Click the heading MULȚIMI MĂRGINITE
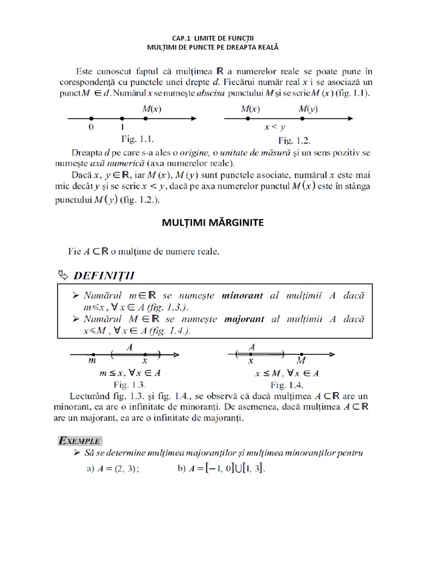point(213,222)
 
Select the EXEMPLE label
point(80,441)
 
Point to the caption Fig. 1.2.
point(294,139)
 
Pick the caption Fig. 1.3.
point(129,384)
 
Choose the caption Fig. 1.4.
point(286,384)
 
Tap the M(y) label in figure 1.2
point(308,109)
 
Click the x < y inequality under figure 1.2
point(275,127)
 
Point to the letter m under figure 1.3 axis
point(92,361)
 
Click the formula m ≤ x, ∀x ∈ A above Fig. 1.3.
point(130,373)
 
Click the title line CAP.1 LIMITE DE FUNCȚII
point(212,39)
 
